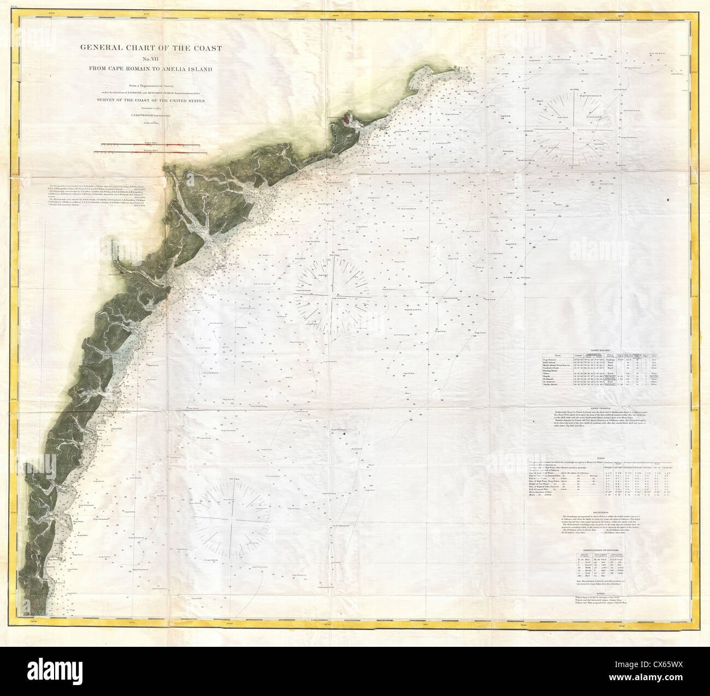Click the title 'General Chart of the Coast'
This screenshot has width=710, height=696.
coord(151,48)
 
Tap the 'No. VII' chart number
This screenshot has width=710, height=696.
coord(151,58)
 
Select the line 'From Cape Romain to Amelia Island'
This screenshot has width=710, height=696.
coord(151,69)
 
